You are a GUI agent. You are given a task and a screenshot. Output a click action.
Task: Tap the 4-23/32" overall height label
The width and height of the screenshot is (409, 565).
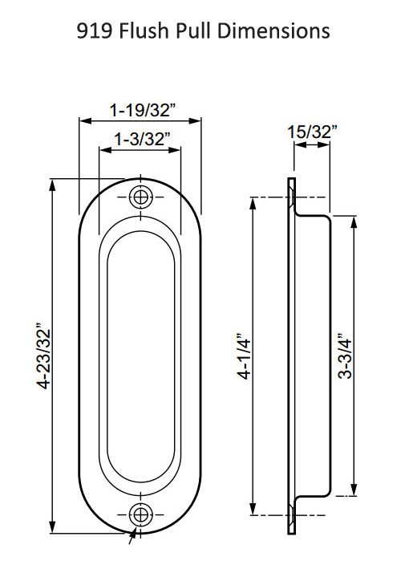point(43,357)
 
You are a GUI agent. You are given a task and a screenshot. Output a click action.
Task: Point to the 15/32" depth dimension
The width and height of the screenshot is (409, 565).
point(312,132)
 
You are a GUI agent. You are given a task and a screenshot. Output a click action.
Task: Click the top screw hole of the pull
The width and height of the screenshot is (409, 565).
point(141,197)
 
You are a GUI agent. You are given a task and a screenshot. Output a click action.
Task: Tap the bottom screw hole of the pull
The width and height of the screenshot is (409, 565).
point(141,514)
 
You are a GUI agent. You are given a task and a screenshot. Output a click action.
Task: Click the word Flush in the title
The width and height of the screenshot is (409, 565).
point(160,30)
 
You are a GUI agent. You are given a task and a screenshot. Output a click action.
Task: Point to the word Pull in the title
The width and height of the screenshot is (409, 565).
point(205,30)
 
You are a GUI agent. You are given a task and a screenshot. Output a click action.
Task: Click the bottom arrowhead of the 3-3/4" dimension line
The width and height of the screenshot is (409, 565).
point(353,492)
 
